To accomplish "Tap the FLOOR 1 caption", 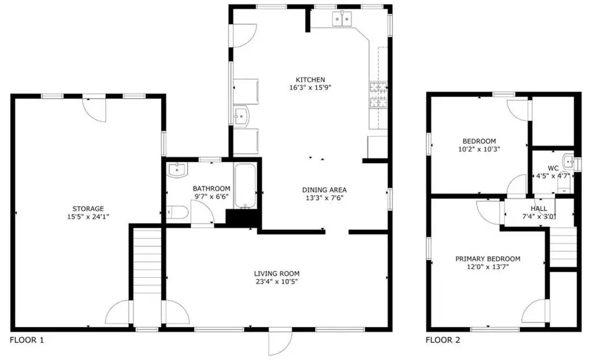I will (x=26, y=341).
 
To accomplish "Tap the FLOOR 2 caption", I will (x=443, y=341).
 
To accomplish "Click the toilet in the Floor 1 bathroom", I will (x=178, y=212).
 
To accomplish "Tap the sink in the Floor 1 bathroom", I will (x=177, y=170).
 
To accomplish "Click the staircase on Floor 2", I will (x=562, y=246).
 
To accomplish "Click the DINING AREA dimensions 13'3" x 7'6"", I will (x=324, y=198).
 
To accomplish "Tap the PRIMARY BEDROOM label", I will (x=487, y=259).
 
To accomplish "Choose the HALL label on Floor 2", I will (x=530, y=208).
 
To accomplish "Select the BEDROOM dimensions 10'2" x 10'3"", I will (x=479, y=150).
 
